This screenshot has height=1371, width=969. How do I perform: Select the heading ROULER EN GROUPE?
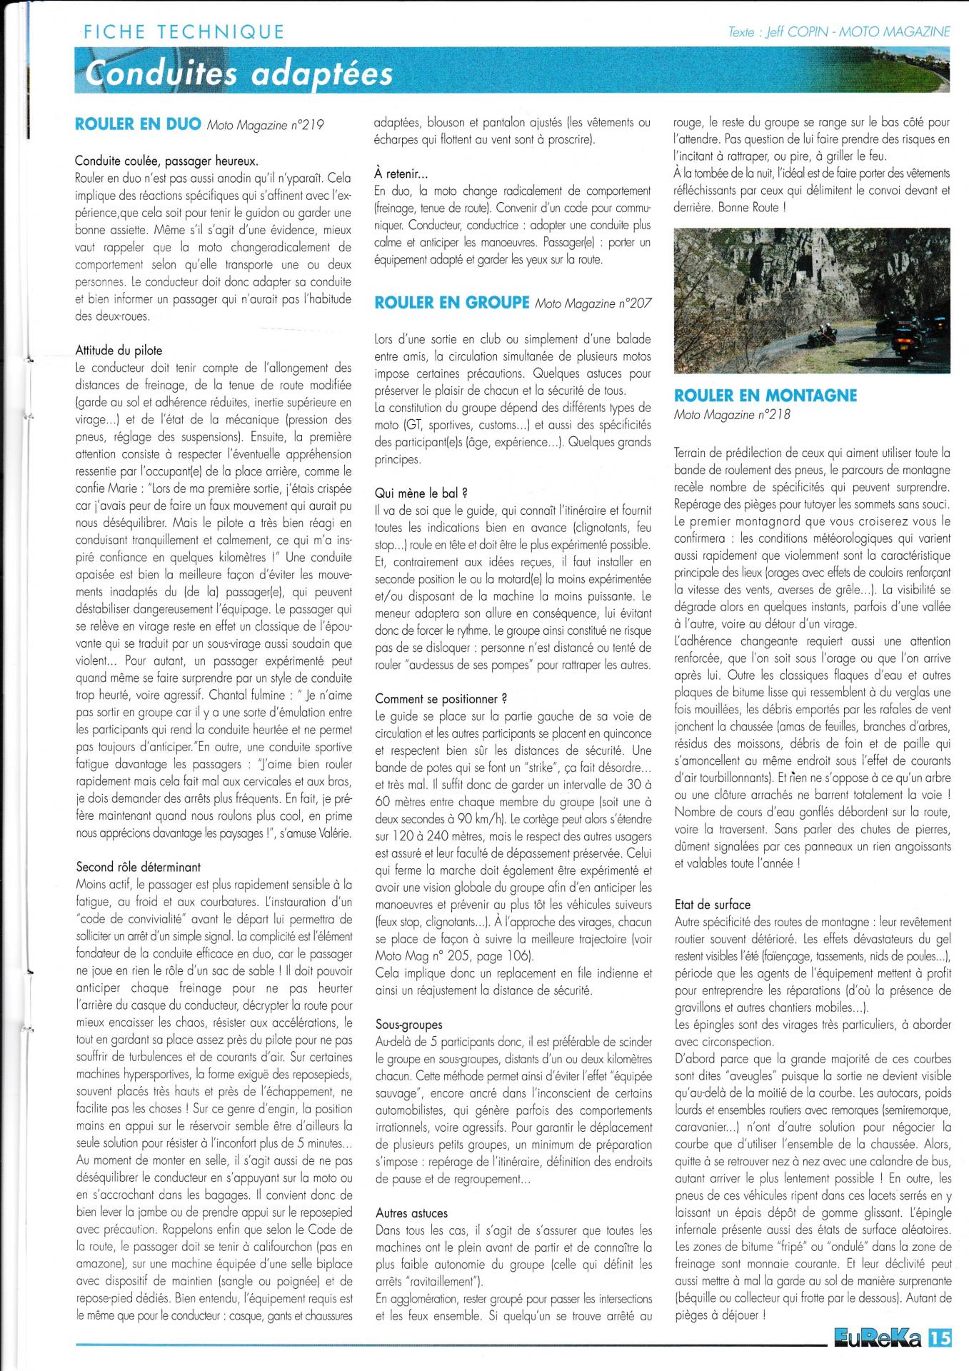click(x=451, y=303)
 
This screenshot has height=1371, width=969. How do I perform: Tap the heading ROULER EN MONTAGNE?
click(x=765, y=396)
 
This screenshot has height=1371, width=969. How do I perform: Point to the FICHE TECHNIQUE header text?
click(x=184, y=32)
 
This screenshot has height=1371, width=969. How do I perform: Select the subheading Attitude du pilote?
click(x=119, y=351)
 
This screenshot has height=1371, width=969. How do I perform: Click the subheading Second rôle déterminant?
click(x=139, y=867)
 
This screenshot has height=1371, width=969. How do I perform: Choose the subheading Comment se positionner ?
click(x=441, y=698)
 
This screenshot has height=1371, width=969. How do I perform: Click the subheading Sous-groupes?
click(x=408, y=1025)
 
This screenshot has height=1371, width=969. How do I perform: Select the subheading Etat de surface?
click(x=713, y=904)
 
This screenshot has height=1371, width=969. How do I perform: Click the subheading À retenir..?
click(x=401, y=174)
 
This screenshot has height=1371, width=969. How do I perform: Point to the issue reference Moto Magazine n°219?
click(x=265, y=126)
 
